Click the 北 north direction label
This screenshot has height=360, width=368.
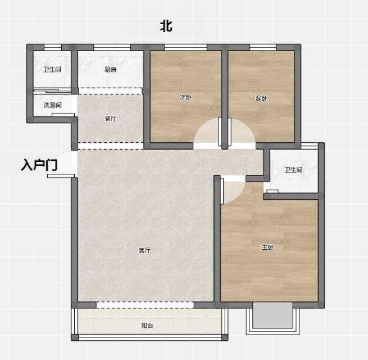tap(166, 26)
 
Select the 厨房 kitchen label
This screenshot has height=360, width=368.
tap(111, 70)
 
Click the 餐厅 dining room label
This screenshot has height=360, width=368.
tap(110, 118)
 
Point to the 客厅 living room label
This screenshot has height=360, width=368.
tap(145, 250)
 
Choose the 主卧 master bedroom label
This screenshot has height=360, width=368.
tap(267, 247)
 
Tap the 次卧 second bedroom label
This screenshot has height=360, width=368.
tap(186, 97)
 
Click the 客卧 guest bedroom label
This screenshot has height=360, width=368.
tap(261, 98)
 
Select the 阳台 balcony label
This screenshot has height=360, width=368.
tap(147, 326)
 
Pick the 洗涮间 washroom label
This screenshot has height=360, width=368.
tap(53, 105)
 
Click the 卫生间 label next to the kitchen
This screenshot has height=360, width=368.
tap(52, 69)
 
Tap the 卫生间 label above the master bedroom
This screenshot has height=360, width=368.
tap(293, 170)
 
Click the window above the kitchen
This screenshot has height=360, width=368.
tap(112, 47)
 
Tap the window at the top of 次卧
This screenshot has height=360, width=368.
tap(185, 47)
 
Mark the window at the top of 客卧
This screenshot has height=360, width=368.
tap(263, 47)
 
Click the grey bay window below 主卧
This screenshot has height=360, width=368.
tap(272, 316)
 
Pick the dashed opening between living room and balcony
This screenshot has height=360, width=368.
tap(145, 305)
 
